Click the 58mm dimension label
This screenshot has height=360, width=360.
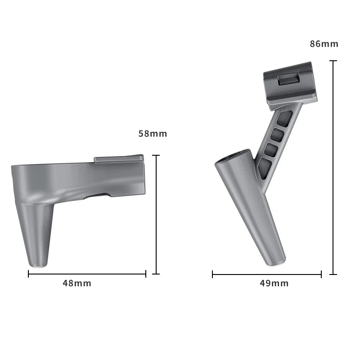[153, 134]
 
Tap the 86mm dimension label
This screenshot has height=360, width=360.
[324, 44]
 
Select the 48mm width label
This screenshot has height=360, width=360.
[77, 283]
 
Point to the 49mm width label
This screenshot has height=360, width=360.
[274, 283]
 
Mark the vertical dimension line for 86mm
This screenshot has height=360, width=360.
[333, 166]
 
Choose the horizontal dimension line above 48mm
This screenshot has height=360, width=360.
[87, 274]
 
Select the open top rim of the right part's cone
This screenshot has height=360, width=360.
[233, 156]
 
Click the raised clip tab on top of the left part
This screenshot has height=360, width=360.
[119, 158]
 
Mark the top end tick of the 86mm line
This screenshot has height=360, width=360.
[333, 61]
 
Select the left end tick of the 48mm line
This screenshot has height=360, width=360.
[29, 274]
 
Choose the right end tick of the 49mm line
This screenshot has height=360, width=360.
[321, 274]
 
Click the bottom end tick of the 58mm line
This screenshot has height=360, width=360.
[156, 274]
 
